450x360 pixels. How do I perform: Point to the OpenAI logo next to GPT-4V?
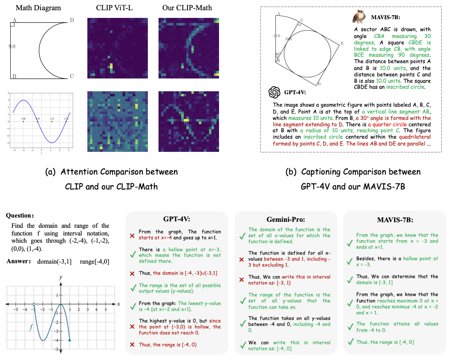274,92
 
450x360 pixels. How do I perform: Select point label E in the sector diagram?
342,44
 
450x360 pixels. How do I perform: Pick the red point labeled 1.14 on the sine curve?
52,122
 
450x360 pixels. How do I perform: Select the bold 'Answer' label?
18,261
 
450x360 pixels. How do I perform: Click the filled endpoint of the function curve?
69,340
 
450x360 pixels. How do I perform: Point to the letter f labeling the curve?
31,328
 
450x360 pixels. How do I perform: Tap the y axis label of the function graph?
61,277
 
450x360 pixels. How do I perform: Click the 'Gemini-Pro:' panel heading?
286,220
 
